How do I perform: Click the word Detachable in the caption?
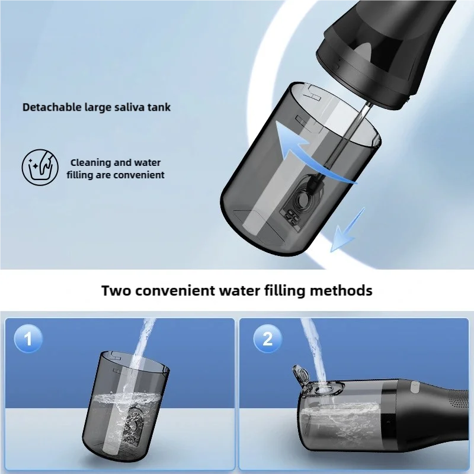[x=52, y=107]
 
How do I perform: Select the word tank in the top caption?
[x=159, y=107]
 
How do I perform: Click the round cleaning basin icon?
[x=40, y=166]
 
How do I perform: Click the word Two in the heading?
[x=116, y=290]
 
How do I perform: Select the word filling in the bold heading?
[x=286, y=291]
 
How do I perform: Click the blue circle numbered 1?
[x=28, y=338]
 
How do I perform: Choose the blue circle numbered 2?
[x=268, y=338]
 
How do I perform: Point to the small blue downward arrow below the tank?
[x=348, y=230]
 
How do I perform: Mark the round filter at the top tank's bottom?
[x=300, y=200]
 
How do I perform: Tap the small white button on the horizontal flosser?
[x=414, y=386]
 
